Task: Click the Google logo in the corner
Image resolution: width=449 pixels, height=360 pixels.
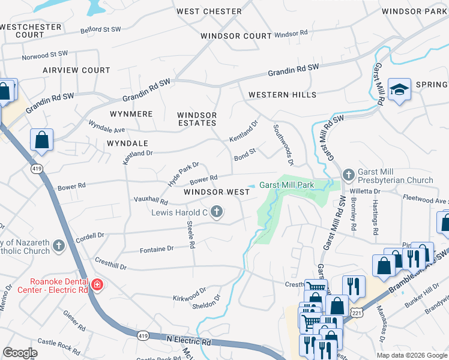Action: click(x=20, y=353)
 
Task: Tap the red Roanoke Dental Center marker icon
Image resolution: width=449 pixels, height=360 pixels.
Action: click(x=97, y=284)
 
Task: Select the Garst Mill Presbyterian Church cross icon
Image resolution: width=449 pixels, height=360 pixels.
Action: click(x=349, y=175)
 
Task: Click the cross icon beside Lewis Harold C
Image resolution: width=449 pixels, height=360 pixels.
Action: click(x=217, y=211)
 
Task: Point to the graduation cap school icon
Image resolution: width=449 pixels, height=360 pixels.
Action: click(x=399, y=90)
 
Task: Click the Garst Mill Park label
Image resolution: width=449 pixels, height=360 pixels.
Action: click(x=287, y=185)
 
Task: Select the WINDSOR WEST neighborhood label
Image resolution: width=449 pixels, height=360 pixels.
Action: click(x=217, y=192)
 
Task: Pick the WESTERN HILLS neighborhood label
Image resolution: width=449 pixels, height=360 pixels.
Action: click(x=282, y=95)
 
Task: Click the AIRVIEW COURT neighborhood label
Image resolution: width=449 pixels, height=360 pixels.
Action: click(x=76, y=70)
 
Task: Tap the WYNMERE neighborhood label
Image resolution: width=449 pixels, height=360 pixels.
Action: click(x=131, y=113)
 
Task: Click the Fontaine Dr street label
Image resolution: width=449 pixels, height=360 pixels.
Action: click(x=156, y=248)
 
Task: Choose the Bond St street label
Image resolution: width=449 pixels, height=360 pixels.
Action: click(x=245, y=154)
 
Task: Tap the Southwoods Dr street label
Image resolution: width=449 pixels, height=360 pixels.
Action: click(x=283, y=145)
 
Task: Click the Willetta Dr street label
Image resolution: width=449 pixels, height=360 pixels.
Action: click(x=369, y=191)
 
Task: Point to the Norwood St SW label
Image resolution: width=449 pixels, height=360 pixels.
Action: click(x=45, y=56)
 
